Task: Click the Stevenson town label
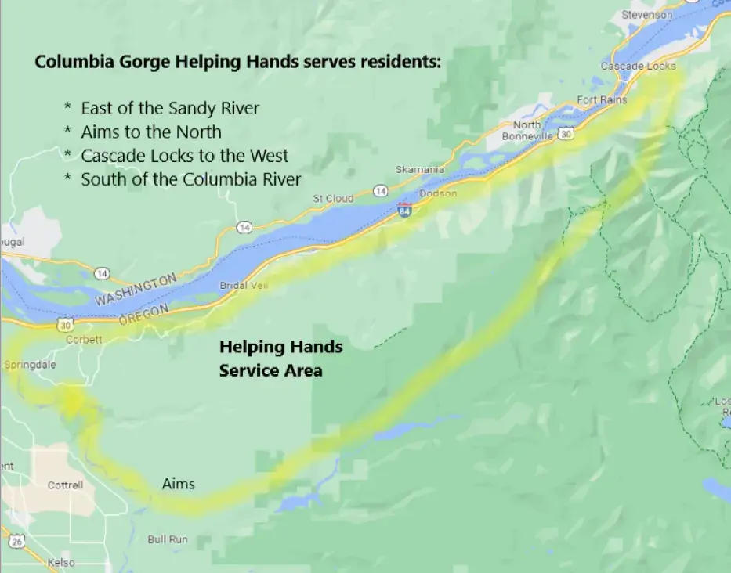pos(646,15)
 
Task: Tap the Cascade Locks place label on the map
pos(638,67)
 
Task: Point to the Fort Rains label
pos(602,100)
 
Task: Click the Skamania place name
pos(420,169)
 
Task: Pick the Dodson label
pos(438,193)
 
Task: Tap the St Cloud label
pos(333,199)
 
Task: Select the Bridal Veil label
pos(244,286)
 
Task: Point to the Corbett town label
pos(84,340)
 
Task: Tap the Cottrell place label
pos(65,485)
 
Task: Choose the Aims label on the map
pos(179,484)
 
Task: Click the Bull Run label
pos(167,539)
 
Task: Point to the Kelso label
pos(61,563)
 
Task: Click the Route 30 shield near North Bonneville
pos(566,134)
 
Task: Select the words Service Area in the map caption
pos(270,370)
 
